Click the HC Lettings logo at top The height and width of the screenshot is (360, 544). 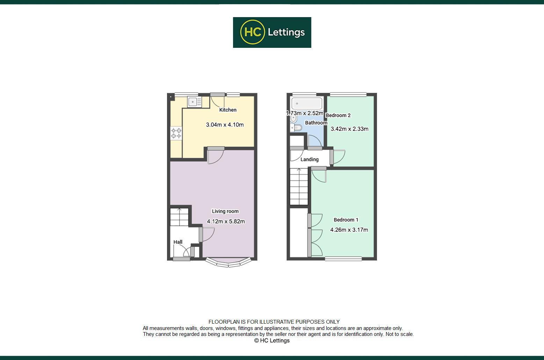click(x=272, y=32)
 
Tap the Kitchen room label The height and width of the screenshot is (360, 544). click(x=228, y=110)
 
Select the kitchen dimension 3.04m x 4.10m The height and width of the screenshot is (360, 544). click(x=225, y=125)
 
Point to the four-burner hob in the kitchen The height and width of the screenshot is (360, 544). click(x=176, y=133)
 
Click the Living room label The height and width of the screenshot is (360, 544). click(x=225, y=211)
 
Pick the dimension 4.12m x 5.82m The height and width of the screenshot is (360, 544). click(x=226, y=221)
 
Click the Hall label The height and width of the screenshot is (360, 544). click(x=178, y=242)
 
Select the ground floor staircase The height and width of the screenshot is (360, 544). click(x=179, y=217)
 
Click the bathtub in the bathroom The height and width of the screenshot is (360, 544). click(x=306, y=103)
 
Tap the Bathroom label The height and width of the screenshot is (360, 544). click(x=316, y=123)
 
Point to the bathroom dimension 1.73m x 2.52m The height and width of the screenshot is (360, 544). click(x=305, y=113)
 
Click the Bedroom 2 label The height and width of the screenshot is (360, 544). click(x=338, y=115)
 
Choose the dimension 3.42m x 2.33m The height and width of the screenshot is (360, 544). click(x=349, y=129)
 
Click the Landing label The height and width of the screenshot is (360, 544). click(x=310, y=160)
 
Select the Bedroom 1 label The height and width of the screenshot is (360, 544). click(x=346, y=220)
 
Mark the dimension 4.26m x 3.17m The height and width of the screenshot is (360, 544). click(x=349, y=230)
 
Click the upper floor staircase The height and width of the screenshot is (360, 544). click(x=299, y=186)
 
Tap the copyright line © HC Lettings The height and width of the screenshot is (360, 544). click(x=272, y=340)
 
